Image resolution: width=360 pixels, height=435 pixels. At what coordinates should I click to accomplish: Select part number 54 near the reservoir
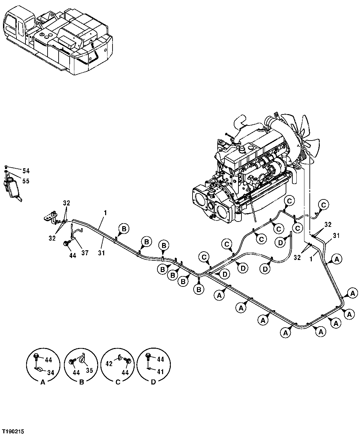pyautogui.click(x=26, y=171)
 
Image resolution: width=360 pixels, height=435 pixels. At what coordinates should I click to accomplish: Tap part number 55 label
pyautogui.click(x=26, y=181)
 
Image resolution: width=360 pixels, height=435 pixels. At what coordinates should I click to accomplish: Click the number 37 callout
pyautogui.click(x=85, y=253)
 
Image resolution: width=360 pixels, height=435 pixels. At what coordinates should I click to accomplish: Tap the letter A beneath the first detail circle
pyautogui.click(x=43, y=383)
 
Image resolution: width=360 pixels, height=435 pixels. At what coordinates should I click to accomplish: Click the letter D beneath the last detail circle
pyautogui.click(x=153, y=383)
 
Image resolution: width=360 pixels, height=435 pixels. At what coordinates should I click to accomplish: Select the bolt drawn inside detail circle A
pyautogui.click(x=37, y=358)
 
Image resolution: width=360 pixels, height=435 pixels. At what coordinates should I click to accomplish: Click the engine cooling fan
pyautogui.click(x=301, y=137)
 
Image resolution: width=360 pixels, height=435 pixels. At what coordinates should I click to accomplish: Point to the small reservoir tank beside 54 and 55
pyautogui.click(x=12, y=188)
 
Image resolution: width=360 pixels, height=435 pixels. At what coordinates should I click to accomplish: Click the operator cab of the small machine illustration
pyautogui.click(x=15, y=27)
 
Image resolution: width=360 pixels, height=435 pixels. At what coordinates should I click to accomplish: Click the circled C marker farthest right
pyautogui.click(x=323, y=204)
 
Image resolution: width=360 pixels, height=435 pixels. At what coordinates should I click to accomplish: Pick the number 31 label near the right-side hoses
pyautogui.click(x=336, y=236)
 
